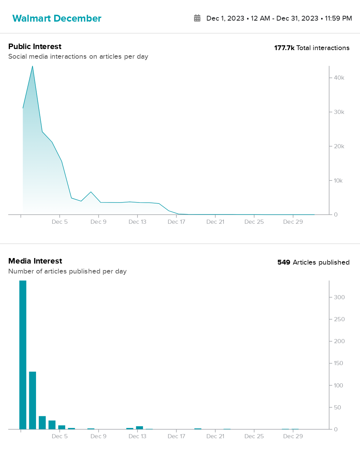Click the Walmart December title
[x=57, y=18]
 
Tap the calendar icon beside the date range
[x=197, y=18]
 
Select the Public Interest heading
[x=35, y=46]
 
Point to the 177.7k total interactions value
[x=284, y=48]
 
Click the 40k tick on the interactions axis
[x=339, y=78]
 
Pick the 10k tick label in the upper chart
[x=338, y=181]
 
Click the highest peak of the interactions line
[x=33, y=66]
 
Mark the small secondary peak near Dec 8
[x=91, y=192]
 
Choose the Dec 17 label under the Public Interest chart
[x=176, y=222]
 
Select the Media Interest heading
[x=35, y=261]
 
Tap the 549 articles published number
[x=284, y=263]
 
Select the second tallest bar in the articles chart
[x=33, y=400]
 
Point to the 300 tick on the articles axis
[x=339, y=297]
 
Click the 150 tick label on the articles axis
[x=338, y=363]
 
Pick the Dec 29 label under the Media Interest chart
[x=293, y=436]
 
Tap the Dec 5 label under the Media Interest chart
[x=60, y=436]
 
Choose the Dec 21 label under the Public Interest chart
[x=215, y=222]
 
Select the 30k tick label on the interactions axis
[x=339, y=112]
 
